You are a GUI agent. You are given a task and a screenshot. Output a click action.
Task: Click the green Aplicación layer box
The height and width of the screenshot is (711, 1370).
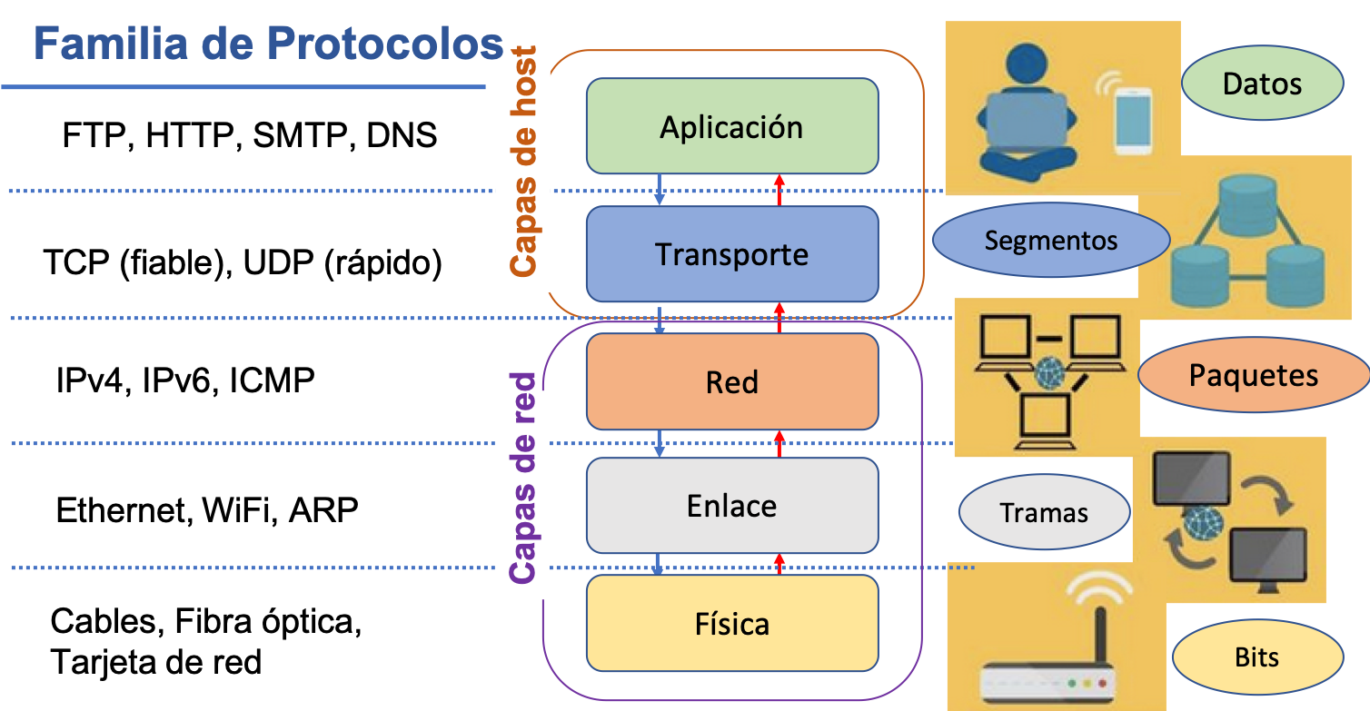[731, 126]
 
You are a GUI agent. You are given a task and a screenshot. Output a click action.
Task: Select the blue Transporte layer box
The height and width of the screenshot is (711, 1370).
[731, 254]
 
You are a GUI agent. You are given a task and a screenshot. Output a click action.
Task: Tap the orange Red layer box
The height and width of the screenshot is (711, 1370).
[731, 381]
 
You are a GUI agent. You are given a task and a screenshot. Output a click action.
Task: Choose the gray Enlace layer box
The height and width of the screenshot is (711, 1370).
[731, 506]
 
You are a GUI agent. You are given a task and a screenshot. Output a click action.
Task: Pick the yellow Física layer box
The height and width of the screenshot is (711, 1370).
[731, 624]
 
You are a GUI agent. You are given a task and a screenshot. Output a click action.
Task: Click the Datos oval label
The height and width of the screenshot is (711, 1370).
[1262, 84]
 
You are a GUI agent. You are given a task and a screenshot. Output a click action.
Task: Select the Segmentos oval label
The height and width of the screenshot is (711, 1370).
[1050, 241]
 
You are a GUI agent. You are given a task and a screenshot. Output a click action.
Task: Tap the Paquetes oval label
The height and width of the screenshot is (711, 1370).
[1254, 375]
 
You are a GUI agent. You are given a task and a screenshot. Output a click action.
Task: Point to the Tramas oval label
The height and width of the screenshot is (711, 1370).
[1044, 513]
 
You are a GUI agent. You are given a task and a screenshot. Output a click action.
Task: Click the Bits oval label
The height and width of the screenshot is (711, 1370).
[1256, 657]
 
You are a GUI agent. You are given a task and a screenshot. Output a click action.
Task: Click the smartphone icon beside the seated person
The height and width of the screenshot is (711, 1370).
[1133, 122]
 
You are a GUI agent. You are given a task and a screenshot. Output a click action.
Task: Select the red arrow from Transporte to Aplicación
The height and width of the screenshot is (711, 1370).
[779, 190]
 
